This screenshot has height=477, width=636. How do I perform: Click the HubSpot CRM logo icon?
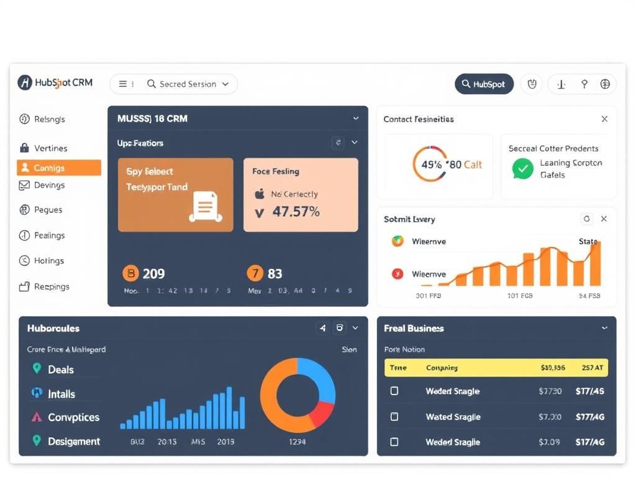click(x=25, y=83)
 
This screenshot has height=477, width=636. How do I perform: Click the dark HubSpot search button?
click(x=484, y=84)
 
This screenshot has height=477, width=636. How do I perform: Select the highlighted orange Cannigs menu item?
click(x=58, y=168)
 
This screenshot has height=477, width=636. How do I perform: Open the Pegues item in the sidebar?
click(x=48, y=210)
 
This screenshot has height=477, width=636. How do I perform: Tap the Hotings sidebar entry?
click(x=48, y=261)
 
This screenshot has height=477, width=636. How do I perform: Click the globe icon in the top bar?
click(x=605, y=84)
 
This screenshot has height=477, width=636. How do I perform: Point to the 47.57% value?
click(x=296, y=212)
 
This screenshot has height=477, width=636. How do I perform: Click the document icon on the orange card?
click(x=206, y=206)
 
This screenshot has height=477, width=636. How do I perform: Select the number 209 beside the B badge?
click(x=153, y=273)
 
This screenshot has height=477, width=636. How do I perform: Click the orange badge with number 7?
click(x=255, y=273)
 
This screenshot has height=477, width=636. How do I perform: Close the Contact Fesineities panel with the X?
click(x=604, y=119)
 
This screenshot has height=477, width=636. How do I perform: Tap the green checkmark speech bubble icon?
click(x=523, y=168)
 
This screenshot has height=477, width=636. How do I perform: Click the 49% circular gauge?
click(x=429, y=165)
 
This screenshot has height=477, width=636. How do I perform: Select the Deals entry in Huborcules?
click(x=60, y=370)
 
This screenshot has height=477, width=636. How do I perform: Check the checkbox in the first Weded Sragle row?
click(x=394, y=391)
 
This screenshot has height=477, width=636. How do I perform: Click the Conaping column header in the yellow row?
click(x=442, y=368)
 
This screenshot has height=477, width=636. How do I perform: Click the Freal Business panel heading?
click(x=414, y=328)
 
